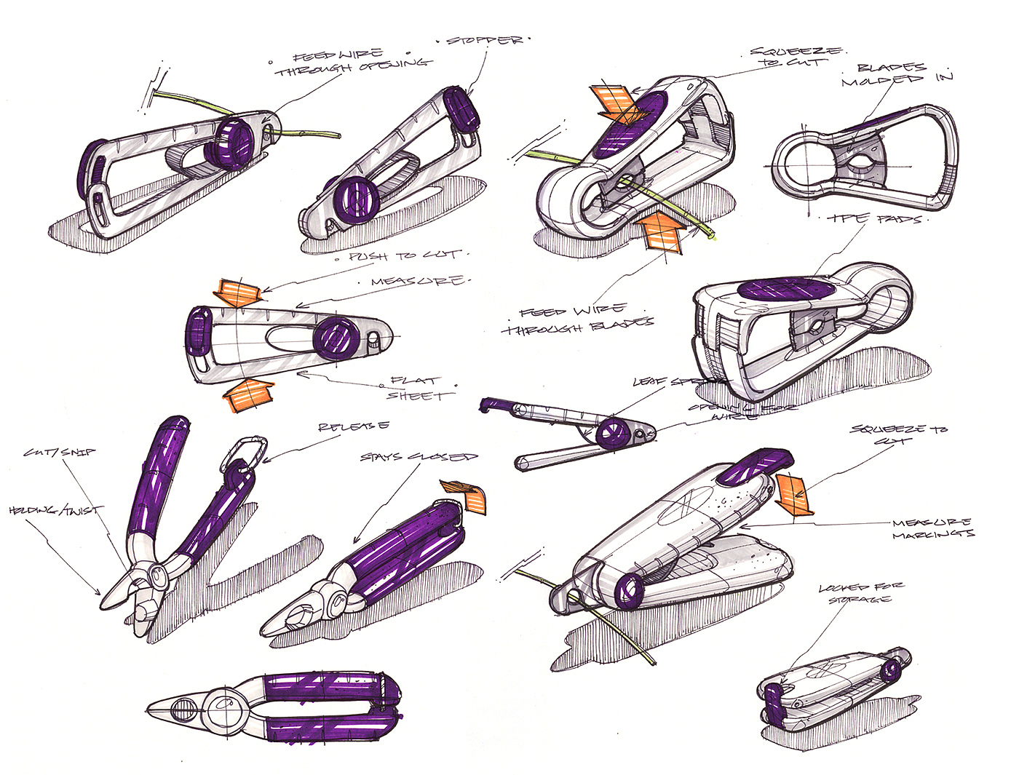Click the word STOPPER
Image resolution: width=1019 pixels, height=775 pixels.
484,40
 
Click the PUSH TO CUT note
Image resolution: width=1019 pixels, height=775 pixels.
404,255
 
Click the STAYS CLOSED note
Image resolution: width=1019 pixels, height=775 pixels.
419,457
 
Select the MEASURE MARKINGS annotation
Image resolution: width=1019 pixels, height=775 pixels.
932,528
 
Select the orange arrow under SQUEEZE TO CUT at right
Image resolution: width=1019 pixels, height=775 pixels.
794,495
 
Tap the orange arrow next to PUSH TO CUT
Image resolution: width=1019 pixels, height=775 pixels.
239,291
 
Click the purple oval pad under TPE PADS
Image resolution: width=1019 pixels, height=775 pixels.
786,290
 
